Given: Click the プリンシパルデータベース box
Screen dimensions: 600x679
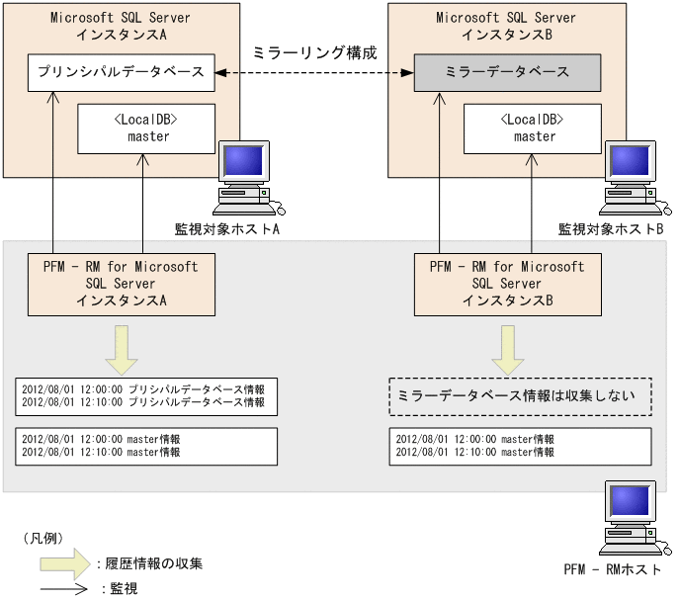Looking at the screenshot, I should (121, 73).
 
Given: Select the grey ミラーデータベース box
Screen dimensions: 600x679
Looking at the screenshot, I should (507, 73).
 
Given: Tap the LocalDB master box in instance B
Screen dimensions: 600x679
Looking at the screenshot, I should (535, 128).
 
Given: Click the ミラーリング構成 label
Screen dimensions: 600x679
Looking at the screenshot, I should (315, 52).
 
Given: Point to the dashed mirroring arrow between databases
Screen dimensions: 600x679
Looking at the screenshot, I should (313, 73).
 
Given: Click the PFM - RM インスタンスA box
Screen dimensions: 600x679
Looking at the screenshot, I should (121, 283).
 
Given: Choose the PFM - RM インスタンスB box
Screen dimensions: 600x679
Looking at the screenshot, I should (507, 283).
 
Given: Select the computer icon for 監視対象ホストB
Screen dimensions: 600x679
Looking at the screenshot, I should (634, 178).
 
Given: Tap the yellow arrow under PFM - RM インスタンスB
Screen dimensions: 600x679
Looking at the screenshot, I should (507, 348).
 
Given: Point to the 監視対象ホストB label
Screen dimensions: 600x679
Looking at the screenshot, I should (609, 229).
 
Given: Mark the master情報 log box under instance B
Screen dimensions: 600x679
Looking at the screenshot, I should (521, 446).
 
